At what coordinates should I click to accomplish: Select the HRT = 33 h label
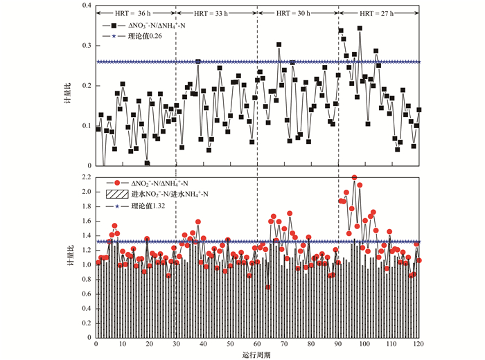(215, 13)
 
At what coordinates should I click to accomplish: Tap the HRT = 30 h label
(297, 13)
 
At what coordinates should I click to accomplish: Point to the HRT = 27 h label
(378, 13)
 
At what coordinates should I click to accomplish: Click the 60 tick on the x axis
(257, 344)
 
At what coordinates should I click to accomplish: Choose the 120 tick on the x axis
(419, 344)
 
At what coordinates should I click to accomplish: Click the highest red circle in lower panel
(355, 178)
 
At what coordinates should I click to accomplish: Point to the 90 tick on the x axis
(338, 344)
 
